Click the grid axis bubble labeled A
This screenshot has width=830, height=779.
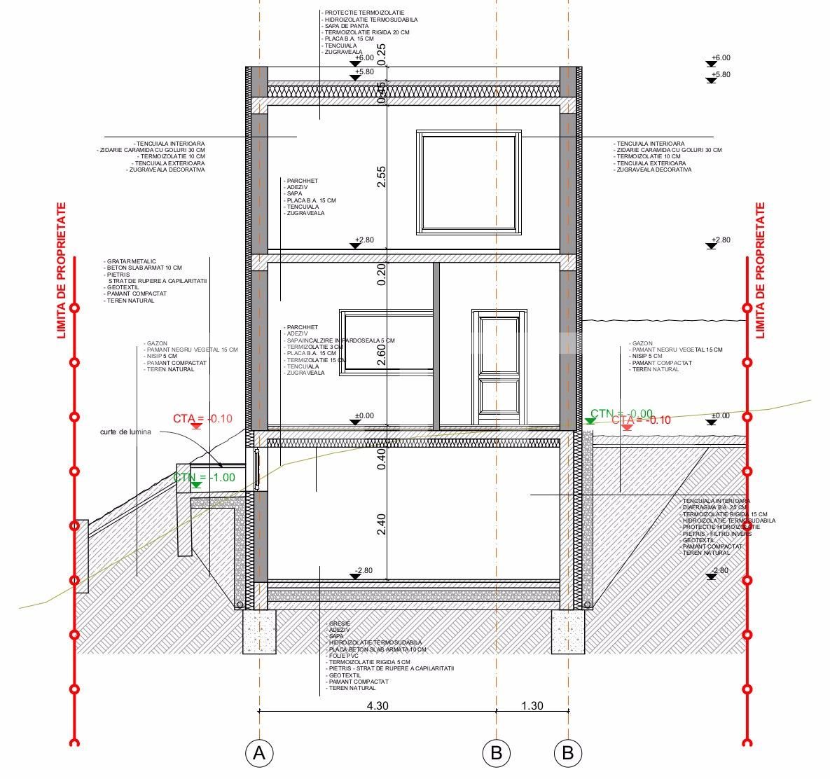tap(259, 753)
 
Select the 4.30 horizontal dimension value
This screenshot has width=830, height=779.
tap(378, 705)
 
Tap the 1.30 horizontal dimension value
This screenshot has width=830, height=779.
tap(532, 705)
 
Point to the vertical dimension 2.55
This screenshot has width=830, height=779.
tap(381, 177)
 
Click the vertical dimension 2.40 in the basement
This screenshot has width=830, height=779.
tap(381, 525)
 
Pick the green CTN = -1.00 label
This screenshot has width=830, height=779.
tap(204, 477)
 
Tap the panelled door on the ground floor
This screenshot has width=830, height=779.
tap(499, 367)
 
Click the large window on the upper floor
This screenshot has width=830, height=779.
tap(469, 181)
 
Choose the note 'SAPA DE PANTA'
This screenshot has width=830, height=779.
tap(345, 26)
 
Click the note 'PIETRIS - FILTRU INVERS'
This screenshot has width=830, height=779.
tap(717, 534)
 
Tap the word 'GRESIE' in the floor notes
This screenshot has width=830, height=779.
tap(339, 623)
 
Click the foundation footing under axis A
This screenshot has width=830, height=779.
tap(259, 631)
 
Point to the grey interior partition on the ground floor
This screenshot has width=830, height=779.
tap(436, 345)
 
